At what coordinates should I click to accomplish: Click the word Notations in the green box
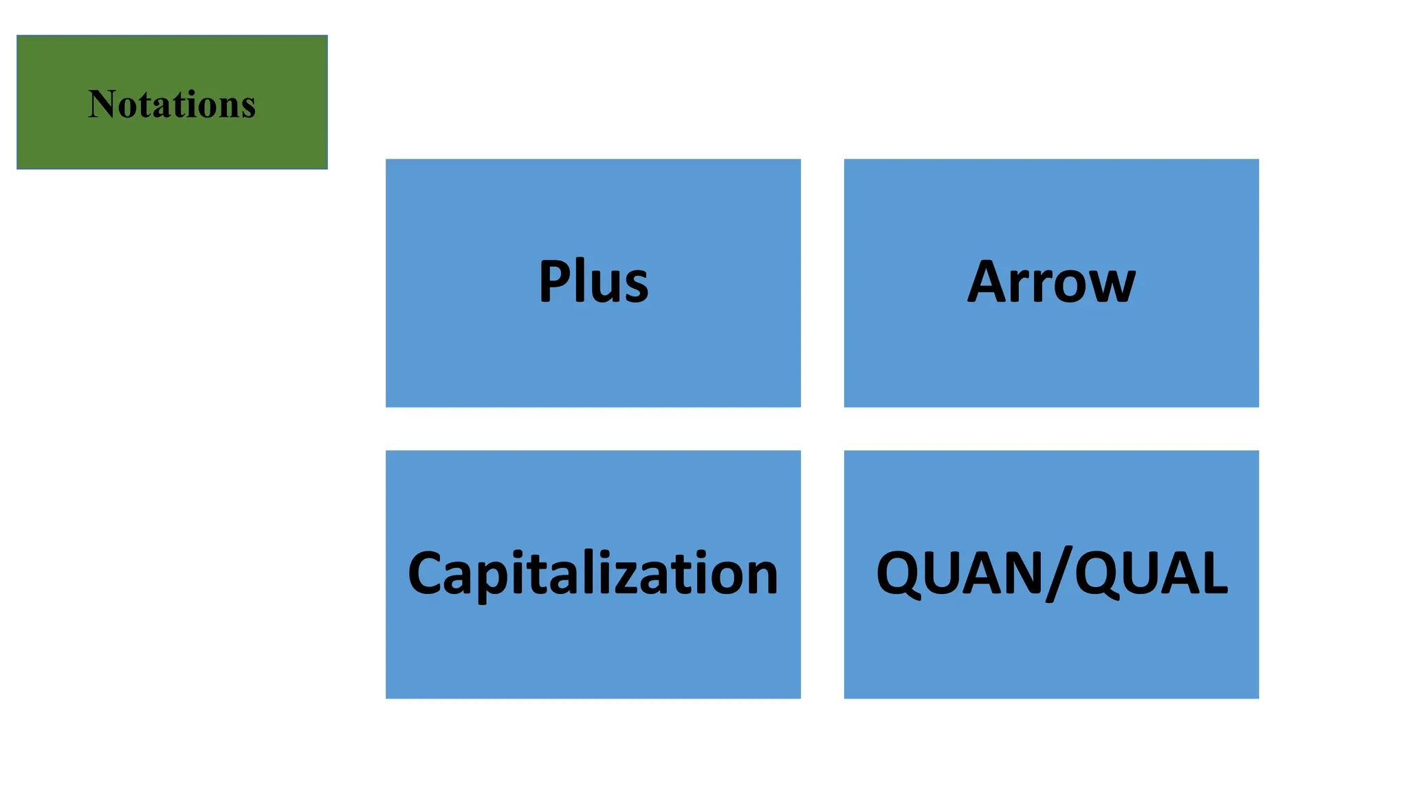[x=172, y=104]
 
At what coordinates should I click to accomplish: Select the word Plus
[x=593, y=282]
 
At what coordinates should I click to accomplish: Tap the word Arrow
[x=1051, y=282]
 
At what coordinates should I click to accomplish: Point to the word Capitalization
[x=593, y=574]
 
